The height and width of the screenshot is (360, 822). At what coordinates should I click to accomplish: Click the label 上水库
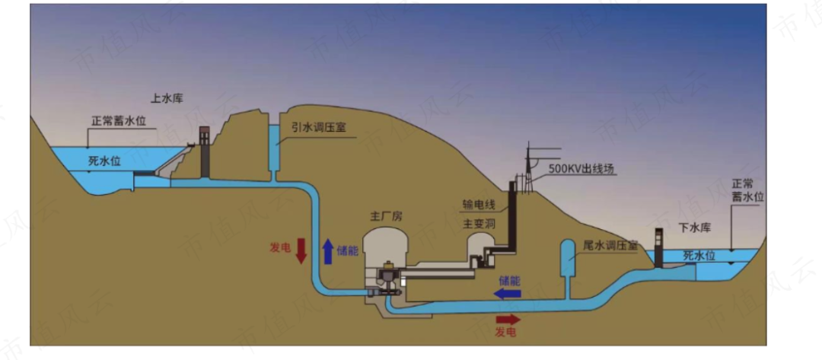(167, 98)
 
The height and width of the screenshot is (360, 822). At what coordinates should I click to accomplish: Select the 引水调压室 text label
(319, 127)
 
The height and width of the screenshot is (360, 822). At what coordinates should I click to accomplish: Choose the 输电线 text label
(479, 205)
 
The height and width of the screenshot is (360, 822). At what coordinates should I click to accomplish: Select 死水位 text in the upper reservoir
(104, 161)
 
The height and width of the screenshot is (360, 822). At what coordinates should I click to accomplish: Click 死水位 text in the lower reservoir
(699, 255)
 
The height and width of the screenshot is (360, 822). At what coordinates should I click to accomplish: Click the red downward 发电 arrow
(301, 250)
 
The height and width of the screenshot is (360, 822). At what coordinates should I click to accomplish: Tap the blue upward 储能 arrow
(328, 250)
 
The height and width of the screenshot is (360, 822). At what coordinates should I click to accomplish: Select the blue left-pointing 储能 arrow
(509, 292)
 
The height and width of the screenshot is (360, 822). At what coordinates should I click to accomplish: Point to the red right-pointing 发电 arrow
(508, 319)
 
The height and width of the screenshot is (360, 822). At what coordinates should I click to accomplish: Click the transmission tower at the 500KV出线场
(527, 167)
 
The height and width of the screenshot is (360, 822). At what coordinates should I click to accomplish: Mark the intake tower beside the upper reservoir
(203, 152)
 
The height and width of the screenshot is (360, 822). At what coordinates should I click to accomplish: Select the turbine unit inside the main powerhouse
(389, 278)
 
